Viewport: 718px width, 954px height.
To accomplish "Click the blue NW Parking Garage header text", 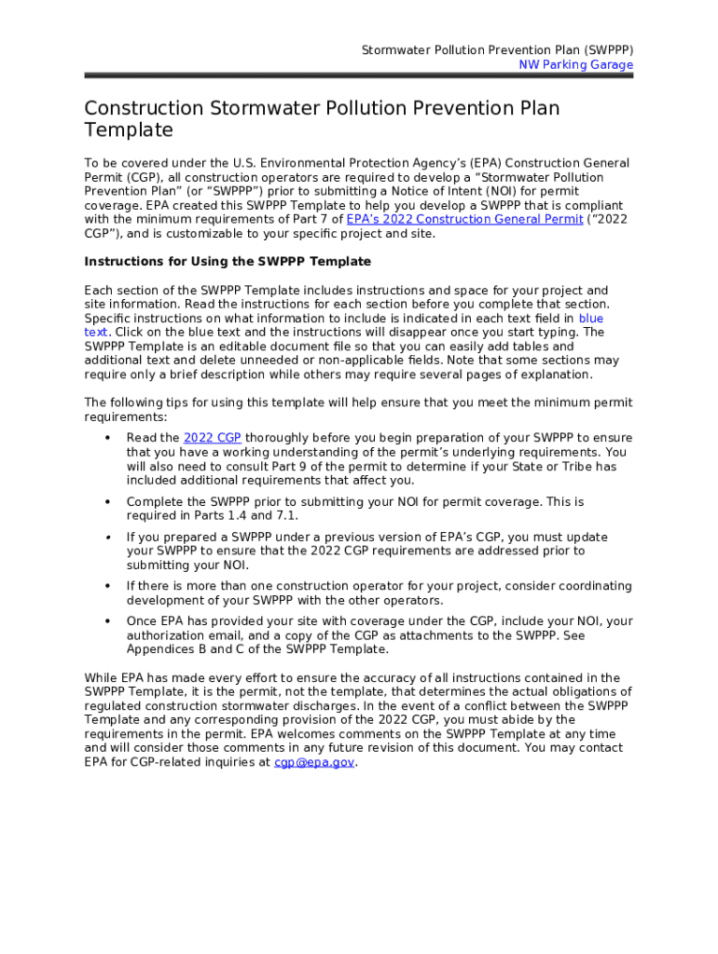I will click(575, 65).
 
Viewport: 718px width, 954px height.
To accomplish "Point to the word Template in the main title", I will click(129, 130).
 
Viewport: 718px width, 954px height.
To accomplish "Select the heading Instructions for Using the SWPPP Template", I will click(228, 261).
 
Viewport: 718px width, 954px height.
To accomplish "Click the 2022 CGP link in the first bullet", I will click(213, 438).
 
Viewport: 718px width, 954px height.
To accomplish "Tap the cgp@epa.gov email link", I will click(314, 762).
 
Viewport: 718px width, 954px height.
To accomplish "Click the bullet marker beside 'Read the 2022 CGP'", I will click(108, 438).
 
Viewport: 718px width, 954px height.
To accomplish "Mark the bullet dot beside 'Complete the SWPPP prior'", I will click(108, 502).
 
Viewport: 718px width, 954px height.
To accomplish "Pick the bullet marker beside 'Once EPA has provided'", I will click(108, 621).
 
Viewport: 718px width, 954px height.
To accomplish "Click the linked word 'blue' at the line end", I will click(591, 319).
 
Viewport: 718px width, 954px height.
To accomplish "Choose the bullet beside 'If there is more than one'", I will click(108, 586).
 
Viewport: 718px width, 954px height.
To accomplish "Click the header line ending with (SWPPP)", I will click(497, 50).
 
